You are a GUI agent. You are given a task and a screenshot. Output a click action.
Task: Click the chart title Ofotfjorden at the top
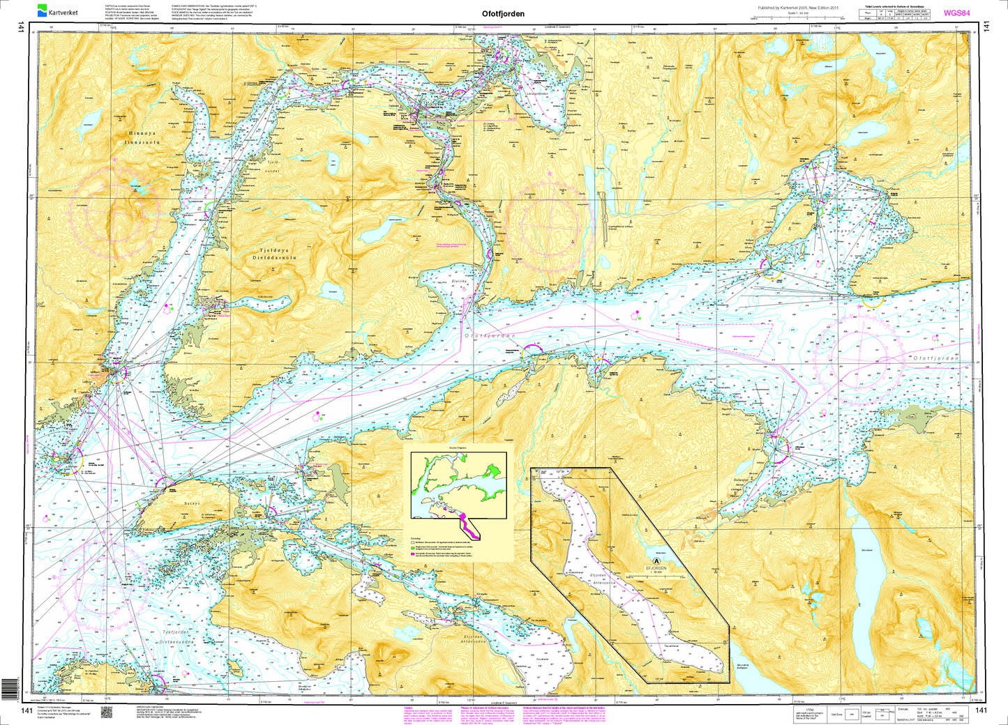503,13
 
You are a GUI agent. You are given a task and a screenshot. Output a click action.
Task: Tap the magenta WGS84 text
957,13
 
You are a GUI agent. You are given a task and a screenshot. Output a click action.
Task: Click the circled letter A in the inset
656,559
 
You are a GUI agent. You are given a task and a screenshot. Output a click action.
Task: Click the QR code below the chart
107,712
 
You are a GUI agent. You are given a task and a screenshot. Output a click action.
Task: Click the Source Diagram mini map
458,486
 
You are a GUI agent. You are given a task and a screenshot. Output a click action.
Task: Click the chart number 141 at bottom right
982,710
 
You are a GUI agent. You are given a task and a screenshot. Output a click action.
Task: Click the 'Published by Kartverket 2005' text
797,8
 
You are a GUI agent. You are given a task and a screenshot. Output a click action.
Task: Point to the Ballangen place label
740,480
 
